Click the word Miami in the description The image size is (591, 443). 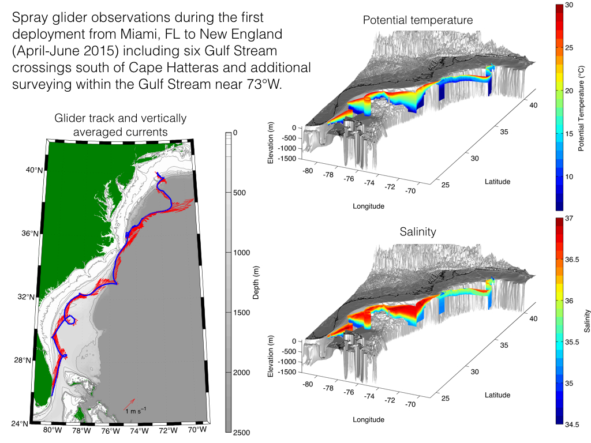click(x=137, y=34)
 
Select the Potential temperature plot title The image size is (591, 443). click(x=418, y=20)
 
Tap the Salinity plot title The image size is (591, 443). click(x=418, y=232)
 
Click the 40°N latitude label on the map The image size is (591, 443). click(x=34, y=170)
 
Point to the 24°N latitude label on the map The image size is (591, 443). click(x=20, y=424)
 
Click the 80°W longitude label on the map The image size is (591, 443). click(x=53, y=430)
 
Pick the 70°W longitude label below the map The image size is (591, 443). click(x=197, y=429)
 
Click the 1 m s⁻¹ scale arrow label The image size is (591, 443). click(x=136, y=411)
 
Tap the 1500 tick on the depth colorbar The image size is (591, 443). click(x=242, y=312)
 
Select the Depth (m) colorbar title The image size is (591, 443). click(x=256, y=283)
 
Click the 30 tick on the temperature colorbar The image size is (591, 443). click(x=569, y=5)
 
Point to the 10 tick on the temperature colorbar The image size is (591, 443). click(x=569, y=177)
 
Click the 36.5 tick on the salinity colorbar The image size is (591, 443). click(x=572, y=260)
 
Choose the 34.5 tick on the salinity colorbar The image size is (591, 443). click(x=572, y=425)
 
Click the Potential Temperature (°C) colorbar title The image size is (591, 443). click(x=581, y=108)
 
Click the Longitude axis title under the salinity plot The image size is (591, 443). click(x=369, y=420)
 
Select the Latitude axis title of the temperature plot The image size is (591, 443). click(x=498, y=182)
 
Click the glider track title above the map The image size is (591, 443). click(x=120, y=125)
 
